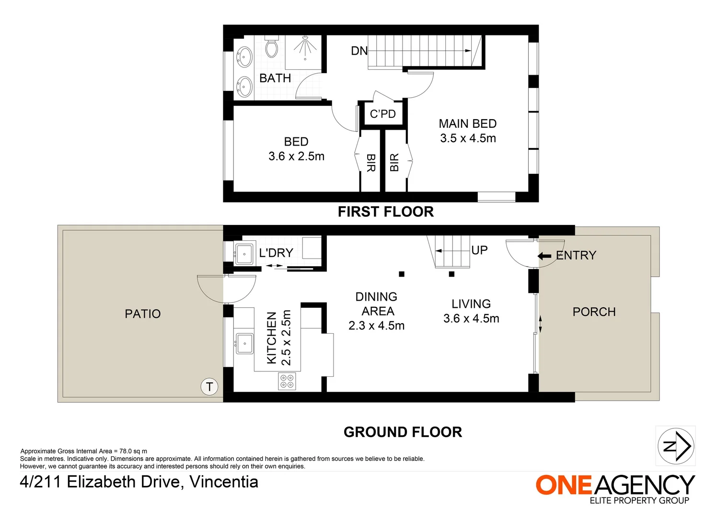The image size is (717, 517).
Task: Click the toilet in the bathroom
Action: click(x=272, y=47)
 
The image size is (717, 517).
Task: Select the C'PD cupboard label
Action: click(x=383, y=114)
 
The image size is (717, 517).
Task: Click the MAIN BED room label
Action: click(x=467, y=124)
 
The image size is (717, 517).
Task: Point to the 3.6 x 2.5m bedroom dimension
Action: click(x=296, y=157)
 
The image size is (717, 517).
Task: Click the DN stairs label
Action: click(x=359, y=51)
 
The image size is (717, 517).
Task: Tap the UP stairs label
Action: click(x=479, y=250)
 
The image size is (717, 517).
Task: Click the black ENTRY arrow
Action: click(x=544, y=256)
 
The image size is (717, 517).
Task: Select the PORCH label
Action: click(x=594, y=312)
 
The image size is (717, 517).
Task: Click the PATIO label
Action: click(x=142, y=314)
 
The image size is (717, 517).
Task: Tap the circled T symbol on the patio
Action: click(x=209, y=387)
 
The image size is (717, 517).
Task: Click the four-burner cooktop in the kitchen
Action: click(x=287, y=381)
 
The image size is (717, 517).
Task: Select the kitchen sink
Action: click(x=244, y=343)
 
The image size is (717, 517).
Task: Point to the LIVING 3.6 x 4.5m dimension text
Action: click(x=471, y=319)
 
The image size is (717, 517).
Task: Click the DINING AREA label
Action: click(x=377, y=304)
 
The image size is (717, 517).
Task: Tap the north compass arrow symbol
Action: click(x=675, y=446)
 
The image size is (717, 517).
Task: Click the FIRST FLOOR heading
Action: click(x=385, y=212)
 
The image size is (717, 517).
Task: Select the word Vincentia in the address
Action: click(x=224, y=482)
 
